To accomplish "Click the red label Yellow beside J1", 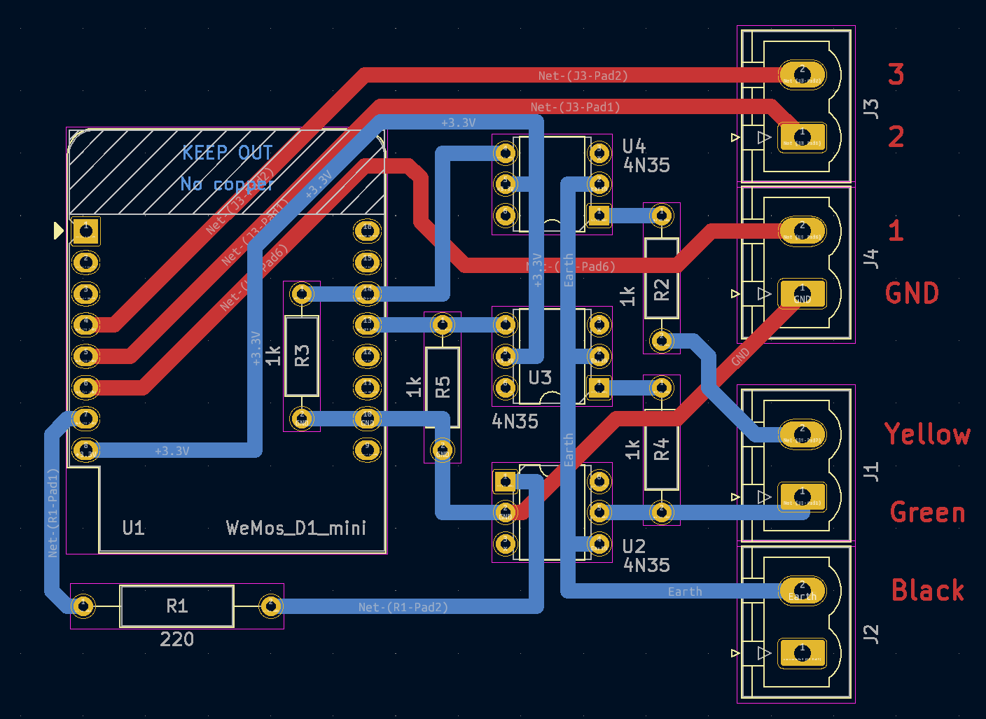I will pyautogui.click(x=926, y=434).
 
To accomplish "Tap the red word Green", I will pyautogui.click(x=927, y=512).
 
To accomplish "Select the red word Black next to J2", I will pyautogui.click(x=927, y=590).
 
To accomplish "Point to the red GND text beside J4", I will pyautogui.click(x=912, y=293).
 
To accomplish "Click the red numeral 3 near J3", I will pyautogui.click(x=896, y=74).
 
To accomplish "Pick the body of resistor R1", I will pyautogui.click(x=176, y=606).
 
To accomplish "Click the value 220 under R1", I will pyautogui.click(x=176, y=639).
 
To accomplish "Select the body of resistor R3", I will pyautogui.click(x=302, y=356).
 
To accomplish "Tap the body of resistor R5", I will pyautogui.click(x=443, y=387).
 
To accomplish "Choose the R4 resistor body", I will pyautogui.click(x=661, y=449).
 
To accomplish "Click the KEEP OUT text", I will pyautogui.click(x=227, y=153).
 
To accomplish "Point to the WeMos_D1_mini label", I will pyautogui.click(x=296, y=528).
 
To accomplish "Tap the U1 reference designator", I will pyautogui.click(x=133, y=528).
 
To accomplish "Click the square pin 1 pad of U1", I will pyautogui.click(x=86, y=230).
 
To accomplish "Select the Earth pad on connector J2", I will pyautogui.click(x=803, y=591).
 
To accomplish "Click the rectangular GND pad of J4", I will pyautogui.click(x=803, y=294).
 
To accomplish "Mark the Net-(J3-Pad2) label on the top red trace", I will pyautogui.click(x=583, y=76).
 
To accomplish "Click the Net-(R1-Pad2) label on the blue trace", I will pyautogui.click(x=403, y=607).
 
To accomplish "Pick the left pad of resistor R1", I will pyautogui.click(x=83, y=606).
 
